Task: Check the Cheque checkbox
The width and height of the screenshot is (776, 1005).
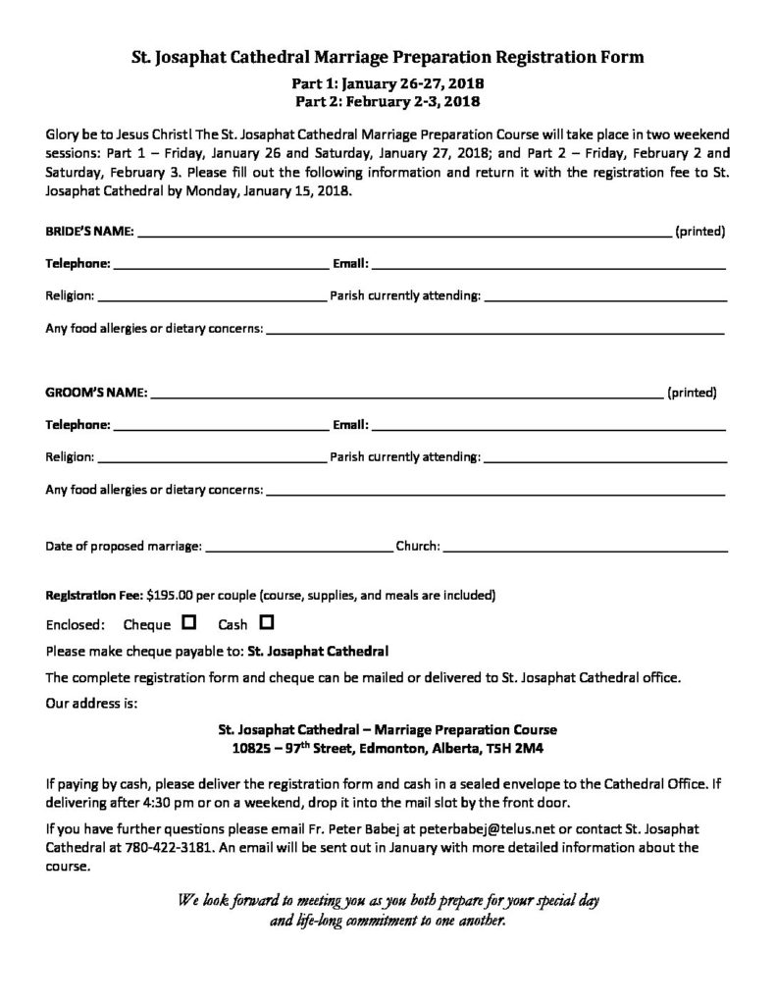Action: pyautogui.click(x=189, y=622)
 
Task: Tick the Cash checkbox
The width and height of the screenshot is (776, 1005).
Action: pyautogui.click(x=266, y=622)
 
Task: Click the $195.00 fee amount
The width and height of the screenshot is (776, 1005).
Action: pyautogui.click(x=171, y=595)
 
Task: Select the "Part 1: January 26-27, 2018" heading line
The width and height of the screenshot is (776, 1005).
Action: pyautogui.click(x=388, y=84)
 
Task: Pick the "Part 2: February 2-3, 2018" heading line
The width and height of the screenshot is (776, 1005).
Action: pyautogui.click(x=388, y=100)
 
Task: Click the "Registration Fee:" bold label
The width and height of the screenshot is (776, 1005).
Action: pyautogui.click(x=94, y=595)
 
